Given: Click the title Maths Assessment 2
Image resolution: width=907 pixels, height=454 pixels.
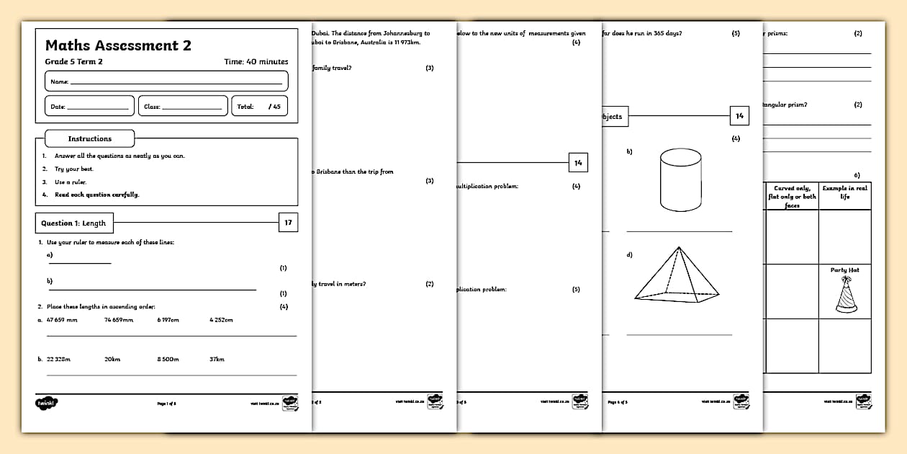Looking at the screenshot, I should (x=118, y=45).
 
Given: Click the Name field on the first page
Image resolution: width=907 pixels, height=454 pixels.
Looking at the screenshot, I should (x=166, y=81).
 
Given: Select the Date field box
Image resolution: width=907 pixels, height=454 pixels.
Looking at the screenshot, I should (x=89, y=106).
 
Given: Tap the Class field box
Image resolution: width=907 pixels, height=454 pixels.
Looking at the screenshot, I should (x=182, y=106).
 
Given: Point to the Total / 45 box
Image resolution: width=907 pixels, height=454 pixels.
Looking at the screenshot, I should (x=259, y=106).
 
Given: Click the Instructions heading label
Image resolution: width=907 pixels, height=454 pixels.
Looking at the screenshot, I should (x=89, y=138).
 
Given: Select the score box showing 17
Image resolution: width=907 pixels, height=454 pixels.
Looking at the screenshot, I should (x=288, y=223).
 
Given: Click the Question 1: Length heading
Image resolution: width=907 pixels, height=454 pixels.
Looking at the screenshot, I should (x=73, y=223).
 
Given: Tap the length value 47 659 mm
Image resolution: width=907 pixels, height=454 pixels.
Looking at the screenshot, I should (x=62, y=319).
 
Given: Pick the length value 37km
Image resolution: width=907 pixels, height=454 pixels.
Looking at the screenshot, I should (x=217, y=359).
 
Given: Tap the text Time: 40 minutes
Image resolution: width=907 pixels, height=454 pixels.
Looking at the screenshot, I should (x=256, y=62).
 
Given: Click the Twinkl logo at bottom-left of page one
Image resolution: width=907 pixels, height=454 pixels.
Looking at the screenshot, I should (x=47, y=402).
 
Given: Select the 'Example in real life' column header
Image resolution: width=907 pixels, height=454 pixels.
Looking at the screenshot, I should (x=845, y=192).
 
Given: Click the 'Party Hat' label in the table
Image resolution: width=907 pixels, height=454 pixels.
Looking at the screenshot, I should (x=845, y=270).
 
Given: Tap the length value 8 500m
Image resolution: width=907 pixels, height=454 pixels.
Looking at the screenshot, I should (x=168, y=359).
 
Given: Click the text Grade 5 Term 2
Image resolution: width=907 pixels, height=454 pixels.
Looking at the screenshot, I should (x=73, y=62).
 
